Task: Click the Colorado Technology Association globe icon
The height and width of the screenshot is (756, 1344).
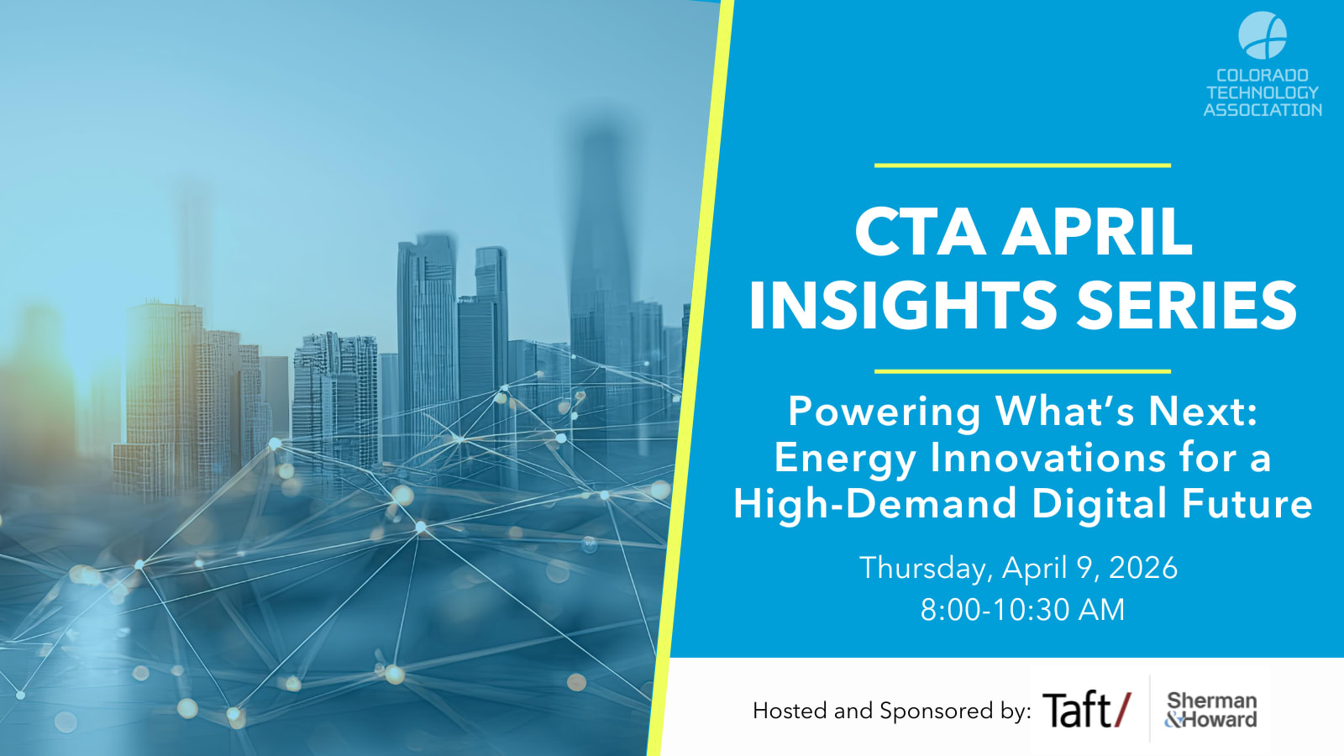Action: [x=1263, y=35]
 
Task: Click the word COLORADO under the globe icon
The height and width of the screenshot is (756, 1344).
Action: [x=1263, y=76]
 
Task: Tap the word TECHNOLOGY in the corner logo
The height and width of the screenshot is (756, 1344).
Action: [x=1263, y=92]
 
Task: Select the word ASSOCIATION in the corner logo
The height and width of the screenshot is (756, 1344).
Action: [x=1263, y=110]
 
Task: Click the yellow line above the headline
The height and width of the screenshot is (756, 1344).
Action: [x=1022, y=165]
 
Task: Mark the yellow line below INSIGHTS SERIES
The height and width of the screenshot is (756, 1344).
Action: [x=1022, y=371]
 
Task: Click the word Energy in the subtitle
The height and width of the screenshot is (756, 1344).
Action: [x=845, y=459]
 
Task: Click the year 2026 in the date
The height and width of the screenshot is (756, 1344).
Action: [x=1143, y=568]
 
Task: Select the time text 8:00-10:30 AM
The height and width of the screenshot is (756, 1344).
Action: [x=1022, y=610]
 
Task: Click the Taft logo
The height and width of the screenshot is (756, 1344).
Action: [x=1087, y=709]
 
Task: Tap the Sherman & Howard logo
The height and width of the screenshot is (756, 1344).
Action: [x=1210, y=710]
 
